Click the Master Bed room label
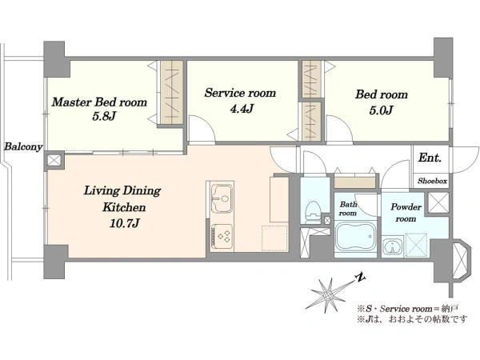point(99,102)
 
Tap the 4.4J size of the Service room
point(242,109)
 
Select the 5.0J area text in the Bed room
point(381,110)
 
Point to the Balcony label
point(23,146)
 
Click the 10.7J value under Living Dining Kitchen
point(124,223)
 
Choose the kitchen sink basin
point(222,198)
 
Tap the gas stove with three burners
point(222,236)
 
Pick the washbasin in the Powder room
point(392,246)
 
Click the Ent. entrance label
point(430,158)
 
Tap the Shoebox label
point(432,181)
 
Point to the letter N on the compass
point(360,278)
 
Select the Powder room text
point(406,213)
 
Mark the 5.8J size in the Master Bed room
point(104,116)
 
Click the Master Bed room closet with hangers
point(172,93)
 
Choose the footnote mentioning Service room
point(408,309)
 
